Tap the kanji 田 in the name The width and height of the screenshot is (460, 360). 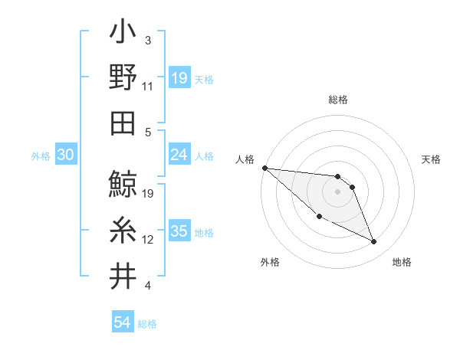click(x=123, y=123)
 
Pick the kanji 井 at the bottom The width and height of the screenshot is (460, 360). click(x=123, y=276)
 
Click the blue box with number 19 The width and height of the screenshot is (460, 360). click(x=179, y=77)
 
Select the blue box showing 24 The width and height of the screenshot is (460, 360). click(x=179, y=155)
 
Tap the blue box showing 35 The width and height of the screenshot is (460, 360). click(x=179, y=231)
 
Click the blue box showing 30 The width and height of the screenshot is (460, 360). click(x=65, y=155)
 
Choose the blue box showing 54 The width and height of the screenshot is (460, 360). click(x=122, y=322)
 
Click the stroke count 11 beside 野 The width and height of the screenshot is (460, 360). click(x=148, y=87)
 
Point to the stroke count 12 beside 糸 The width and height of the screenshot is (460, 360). click(x=148, y=240)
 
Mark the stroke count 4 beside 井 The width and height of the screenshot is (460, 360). click(x=147, y=286)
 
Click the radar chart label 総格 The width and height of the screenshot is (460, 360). click(x=338, y=100)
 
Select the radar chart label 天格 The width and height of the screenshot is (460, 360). click(x=432, y=159)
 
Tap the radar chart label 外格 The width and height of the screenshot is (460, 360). click(x=269, y=262)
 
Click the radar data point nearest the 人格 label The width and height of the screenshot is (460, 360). click(x=264, y=168)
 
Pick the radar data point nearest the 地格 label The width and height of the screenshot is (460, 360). click(x=374, y=242)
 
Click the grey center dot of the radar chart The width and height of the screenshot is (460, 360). click(x=338, y=191)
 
